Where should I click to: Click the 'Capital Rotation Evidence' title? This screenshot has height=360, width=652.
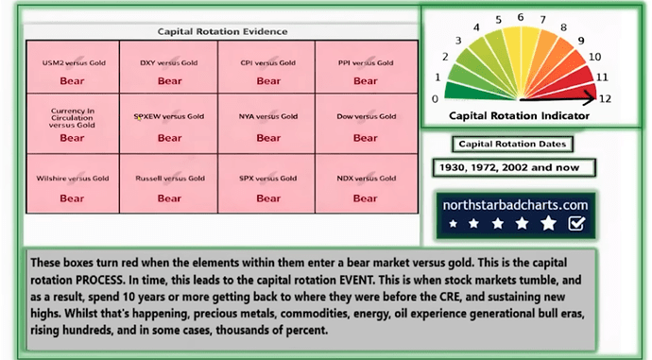[222, 31]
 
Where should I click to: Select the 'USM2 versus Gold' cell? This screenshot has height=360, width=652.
[74, 70]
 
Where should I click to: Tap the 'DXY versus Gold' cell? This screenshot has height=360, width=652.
[170, 70]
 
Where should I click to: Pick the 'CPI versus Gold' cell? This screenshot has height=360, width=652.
[268, 70]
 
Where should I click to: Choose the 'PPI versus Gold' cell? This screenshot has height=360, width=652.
[366, 70]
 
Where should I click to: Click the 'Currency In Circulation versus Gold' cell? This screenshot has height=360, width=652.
[74, 126]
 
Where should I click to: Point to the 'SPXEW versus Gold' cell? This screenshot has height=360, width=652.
[170, 126]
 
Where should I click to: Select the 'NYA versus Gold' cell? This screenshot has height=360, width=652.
[268, 126]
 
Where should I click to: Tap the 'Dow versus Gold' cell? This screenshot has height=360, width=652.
[366, 126]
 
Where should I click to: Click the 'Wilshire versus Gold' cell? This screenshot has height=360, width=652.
[74, 183]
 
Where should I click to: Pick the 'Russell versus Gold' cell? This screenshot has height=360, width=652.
[170, 183]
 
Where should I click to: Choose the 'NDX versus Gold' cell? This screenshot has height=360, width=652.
[366, 183]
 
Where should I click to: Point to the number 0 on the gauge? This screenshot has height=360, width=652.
[435, 98]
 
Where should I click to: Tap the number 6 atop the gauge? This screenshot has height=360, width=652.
[521, 17]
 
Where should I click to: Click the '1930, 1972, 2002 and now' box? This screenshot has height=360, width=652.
[513, 167]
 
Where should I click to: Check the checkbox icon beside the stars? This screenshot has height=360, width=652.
[576, 224]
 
